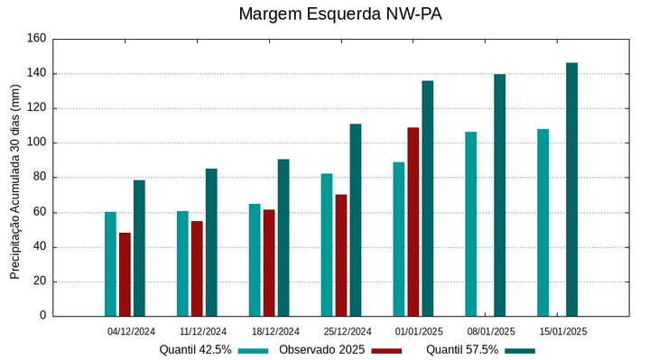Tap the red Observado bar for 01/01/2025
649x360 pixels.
click(x=413, y=222)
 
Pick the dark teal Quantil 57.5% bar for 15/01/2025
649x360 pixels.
click(x=571, y=189)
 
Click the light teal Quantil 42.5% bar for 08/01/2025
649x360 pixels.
click(x=471, y=224)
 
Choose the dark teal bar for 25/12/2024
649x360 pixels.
click(x=356, y=220)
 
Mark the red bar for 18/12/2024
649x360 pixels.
click(x=269, y=263)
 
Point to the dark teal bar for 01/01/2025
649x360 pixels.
click(x=428, y=198)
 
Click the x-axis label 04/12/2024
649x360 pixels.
click(x=132, y=331)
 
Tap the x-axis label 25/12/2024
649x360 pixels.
click(x=348, y=331)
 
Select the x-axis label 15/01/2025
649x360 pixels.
click(x=563, y=331)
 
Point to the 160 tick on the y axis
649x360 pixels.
click(x=36, y=39)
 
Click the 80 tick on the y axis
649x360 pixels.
click(x=39, y=178)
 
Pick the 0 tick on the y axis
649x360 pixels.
click(x=42, y=316)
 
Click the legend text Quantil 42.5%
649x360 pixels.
click(x=196, y=349)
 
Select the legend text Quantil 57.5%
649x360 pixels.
click(x=462, y=349)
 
